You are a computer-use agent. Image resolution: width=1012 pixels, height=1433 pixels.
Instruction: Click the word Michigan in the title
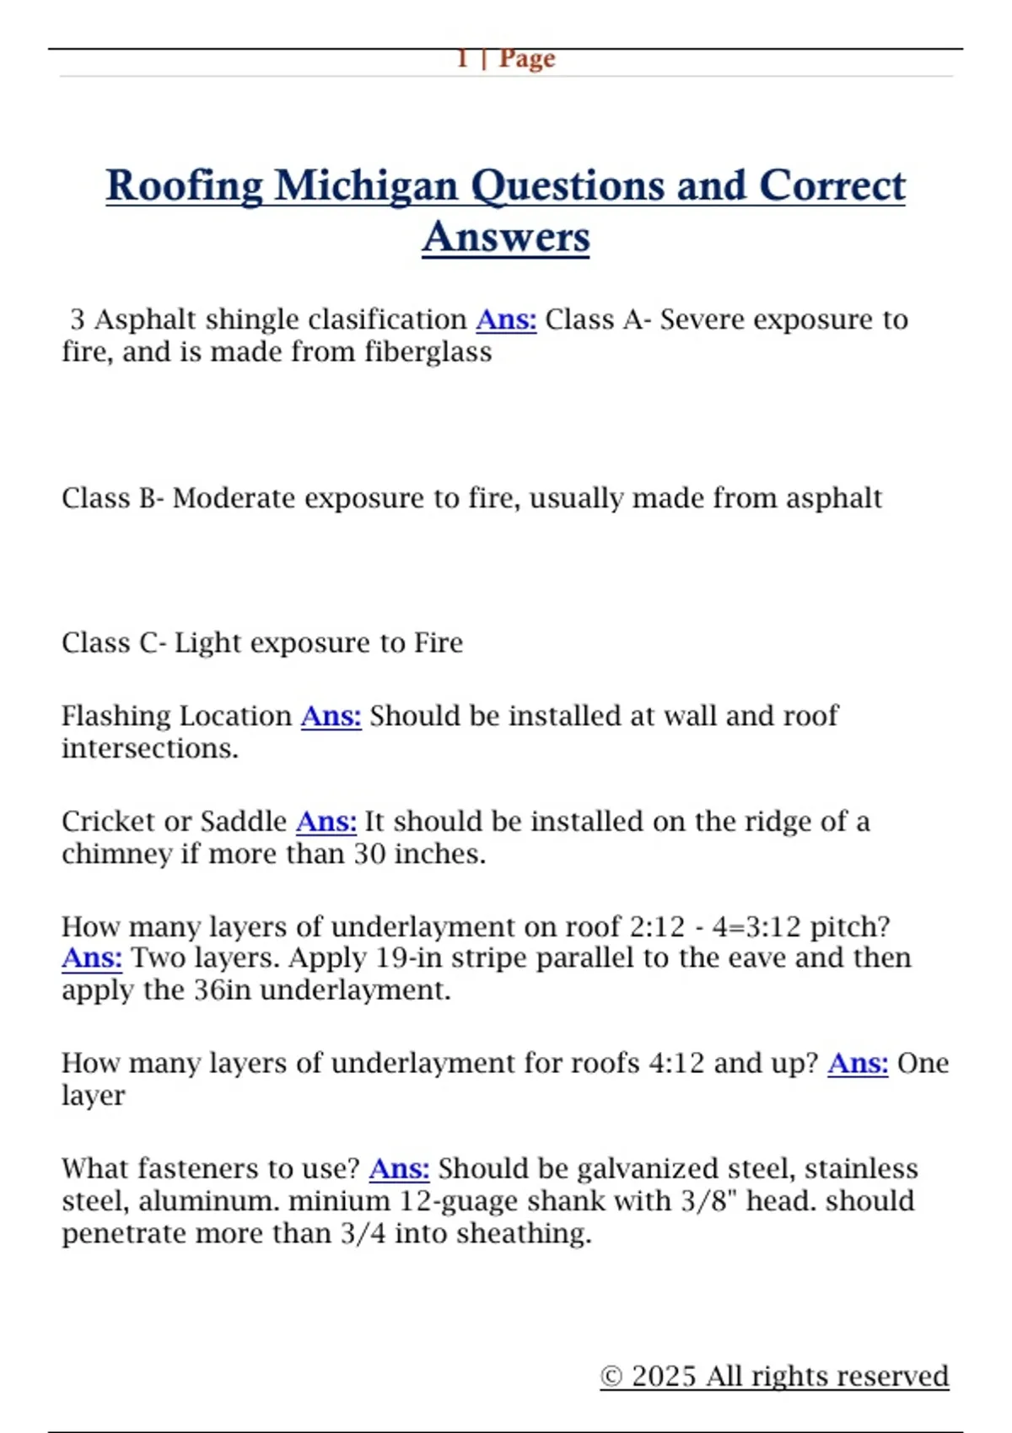[366, 186]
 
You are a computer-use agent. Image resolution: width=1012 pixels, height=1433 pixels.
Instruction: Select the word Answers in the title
[506, 238]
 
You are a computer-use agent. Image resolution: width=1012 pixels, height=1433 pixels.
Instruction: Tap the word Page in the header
[527, 58]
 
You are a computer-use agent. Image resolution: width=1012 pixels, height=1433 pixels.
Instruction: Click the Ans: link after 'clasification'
[506, 319]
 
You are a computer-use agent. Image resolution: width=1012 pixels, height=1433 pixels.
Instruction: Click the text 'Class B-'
[112, 498]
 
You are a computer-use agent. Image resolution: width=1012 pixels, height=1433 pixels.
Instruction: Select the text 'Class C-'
[113, 643]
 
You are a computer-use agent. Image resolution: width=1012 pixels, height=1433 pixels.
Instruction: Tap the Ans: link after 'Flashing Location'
[331, 716]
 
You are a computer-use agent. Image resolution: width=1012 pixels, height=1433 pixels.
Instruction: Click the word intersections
[149, 749]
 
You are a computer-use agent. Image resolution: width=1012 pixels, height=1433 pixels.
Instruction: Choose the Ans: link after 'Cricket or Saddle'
[326, 821]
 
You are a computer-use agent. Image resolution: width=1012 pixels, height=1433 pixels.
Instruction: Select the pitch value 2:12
[658, 927]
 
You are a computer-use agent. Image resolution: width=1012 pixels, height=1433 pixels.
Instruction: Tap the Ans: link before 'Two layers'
[92, 958]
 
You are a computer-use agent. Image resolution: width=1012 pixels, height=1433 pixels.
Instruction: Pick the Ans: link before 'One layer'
[858, 1064]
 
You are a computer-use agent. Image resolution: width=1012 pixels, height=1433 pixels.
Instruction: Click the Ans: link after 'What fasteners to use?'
[399, 1169]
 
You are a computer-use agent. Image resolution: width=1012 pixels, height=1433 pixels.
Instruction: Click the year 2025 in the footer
[664, 1377]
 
